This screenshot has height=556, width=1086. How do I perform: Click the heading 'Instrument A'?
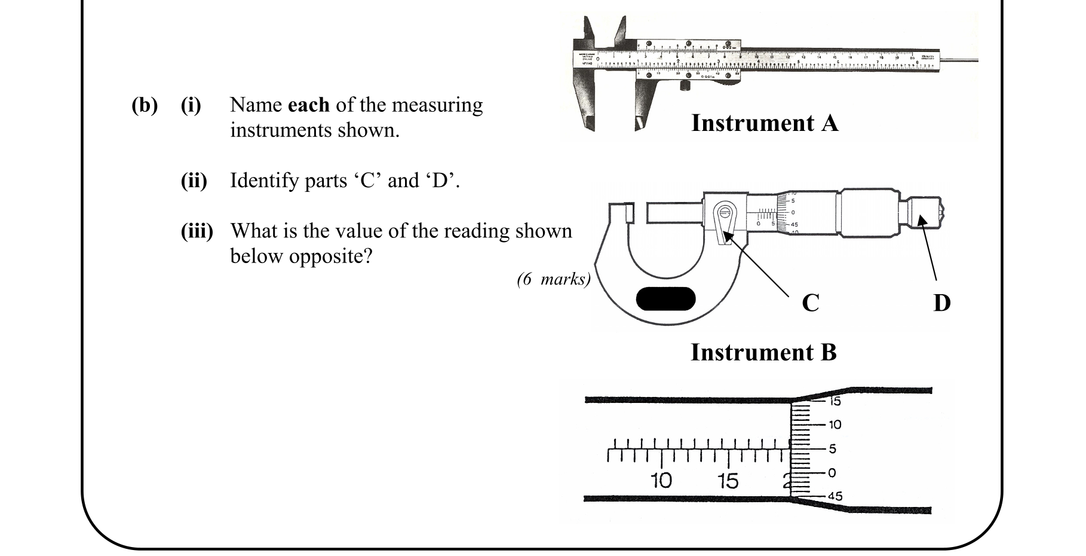point(764,123)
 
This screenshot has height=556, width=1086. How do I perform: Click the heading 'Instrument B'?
point(763,352)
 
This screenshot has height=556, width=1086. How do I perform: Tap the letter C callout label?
point(810,303)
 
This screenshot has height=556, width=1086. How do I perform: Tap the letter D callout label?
point(941,303)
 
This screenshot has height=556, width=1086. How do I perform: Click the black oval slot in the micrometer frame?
point(665,299)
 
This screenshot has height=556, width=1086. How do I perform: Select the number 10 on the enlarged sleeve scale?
point(661,481)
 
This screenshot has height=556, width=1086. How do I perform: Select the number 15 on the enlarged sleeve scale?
point(728,481)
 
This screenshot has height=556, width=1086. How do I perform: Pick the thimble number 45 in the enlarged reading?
point(835,496)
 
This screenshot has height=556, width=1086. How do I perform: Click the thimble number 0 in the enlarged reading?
point(832,473)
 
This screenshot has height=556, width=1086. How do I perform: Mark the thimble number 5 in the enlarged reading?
point(832,448)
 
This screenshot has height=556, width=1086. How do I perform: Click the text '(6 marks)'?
point(553,279)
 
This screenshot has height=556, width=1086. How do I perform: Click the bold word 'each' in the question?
point(308,105)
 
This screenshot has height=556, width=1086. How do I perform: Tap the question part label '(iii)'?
point(197,231)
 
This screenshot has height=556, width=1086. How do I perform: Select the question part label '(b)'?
point(145,105)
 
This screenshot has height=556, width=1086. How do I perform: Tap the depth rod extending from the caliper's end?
point(959,60)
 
